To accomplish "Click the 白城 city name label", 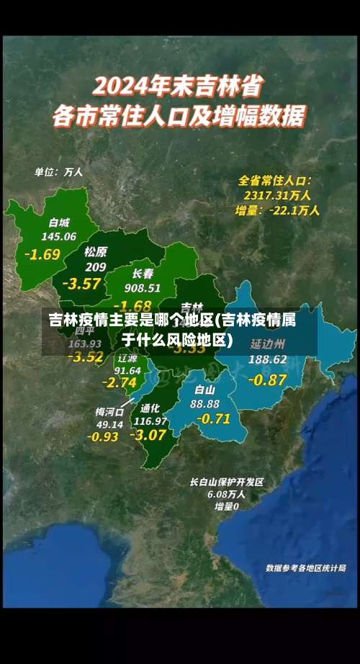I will pyautogui.click(x=59, y=222).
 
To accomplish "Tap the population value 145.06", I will pyautogui.click(x=59, y=236).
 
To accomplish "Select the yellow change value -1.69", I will pyautogui.click(x=42, y=254).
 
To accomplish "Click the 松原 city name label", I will pyautogui.click(x=95, y=251).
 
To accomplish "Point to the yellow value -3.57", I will pyautogui.click(x=81, y=283).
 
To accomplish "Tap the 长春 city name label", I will pyautogui.click(x=143, y=274).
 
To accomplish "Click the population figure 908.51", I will pyautogui.click(x=143, y=288).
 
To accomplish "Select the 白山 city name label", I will pyautogui.click(x=205, y=390).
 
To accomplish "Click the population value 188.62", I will pyautogui.click(x=267, y=359).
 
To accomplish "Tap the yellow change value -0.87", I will pyautogui.click(x=267, y=379).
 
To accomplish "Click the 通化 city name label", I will pyautogui.click(x=150, y=408).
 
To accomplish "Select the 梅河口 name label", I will pyautogui.click(x=109, y=412).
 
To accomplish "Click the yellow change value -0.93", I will pyautogui.click(x=103, y=436).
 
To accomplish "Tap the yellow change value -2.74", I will pyautogui.click(x=120, y=382).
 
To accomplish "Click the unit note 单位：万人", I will pyautogui.click(x=58, y=172).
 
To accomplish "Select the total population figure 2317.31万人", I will pyautogui.click(x=277, y=195).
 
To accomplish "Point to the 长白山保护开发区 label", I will pyautogui.click(x=227, y=482).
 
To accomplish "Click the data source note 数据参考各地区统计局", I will pyautogui.click(x=305, y=568).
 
